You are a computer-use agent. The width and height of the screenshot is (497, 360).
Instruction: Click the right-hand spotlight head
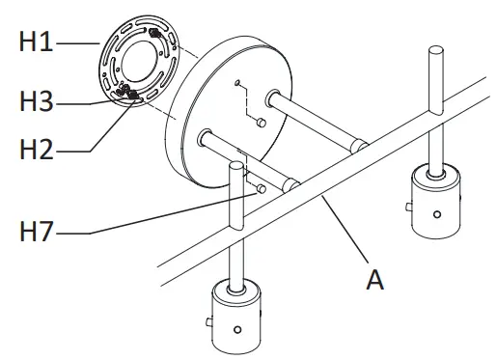(436, 202)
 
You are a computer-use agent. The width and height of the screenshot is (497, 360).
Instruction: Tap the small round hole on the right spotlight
(438, 214)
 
